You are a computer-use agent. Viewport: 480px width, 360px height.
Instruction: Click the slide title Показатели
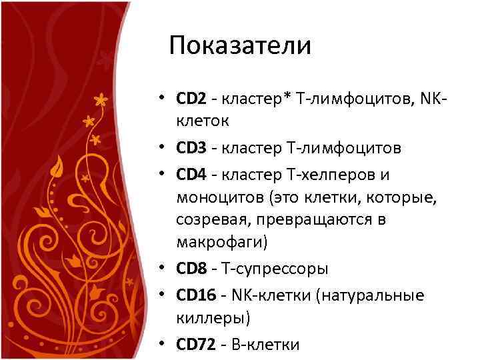[240, 45]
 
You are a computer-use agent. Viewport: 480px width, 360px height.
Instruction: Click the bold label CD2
[191, 99]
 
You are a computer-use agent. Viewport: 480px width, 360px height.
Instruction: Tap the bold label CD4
[191, 175]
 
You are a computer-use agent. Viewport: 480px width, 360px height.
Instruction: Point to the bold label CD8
[191, 269]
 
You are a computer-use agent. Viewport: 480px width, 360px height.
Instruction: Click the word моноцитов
[214, 197]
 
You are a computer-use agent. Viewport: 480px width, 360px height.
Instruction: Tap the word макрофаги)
[221, 242]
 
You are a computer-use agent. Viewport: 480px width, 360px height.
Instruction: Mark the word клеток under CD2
[203, 121]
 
